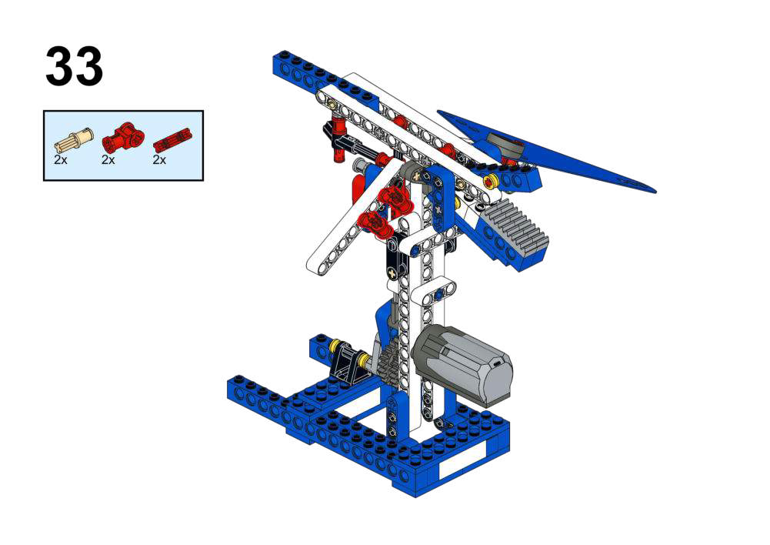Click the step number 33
coord(74,66)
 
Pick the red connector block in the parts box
coord(124,136)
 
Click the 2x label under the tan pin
coord(61,159)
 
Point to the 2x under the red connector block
coord(108,159)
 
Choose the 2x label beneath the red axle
coord(159,159)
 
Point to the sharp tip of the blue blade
coord(655,191)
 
